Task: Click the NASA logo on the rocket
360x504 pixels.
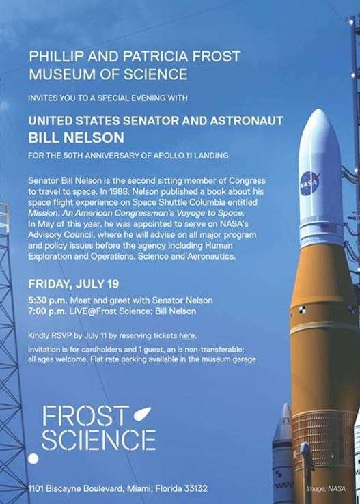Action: click(x=311, y=183)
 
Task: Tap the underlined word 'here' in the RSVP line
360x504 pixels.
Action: click(x=187, y=336)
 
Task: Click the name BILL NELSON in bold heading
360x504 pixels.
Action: click(x=77, y=138)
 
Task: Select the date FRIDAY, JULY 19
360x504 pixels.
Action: click(x=74, y=284)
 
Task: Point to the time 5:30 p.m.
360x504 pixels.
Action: click(x=48, y=300)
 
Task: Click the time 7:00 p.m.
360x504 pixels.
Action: click(x=48, y=311)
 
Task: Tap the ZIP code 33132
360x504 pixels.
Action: click(x=195, y=489)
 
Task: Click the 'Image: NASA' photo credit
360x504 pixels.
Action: click(x=326, y=489)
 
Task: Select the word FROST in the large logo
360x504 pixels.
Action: click(x=85, y=416)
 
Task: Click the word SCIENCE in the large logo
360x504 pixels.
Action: click(x=99, y=440)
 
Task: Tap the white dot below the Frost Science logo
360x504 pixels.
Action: click(x=33, y=458)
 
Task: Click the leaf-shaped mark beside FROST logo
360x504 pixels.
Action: click(x=142, y=413)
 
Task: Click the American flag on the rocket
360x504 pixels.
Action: click(x=329, y=229)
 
